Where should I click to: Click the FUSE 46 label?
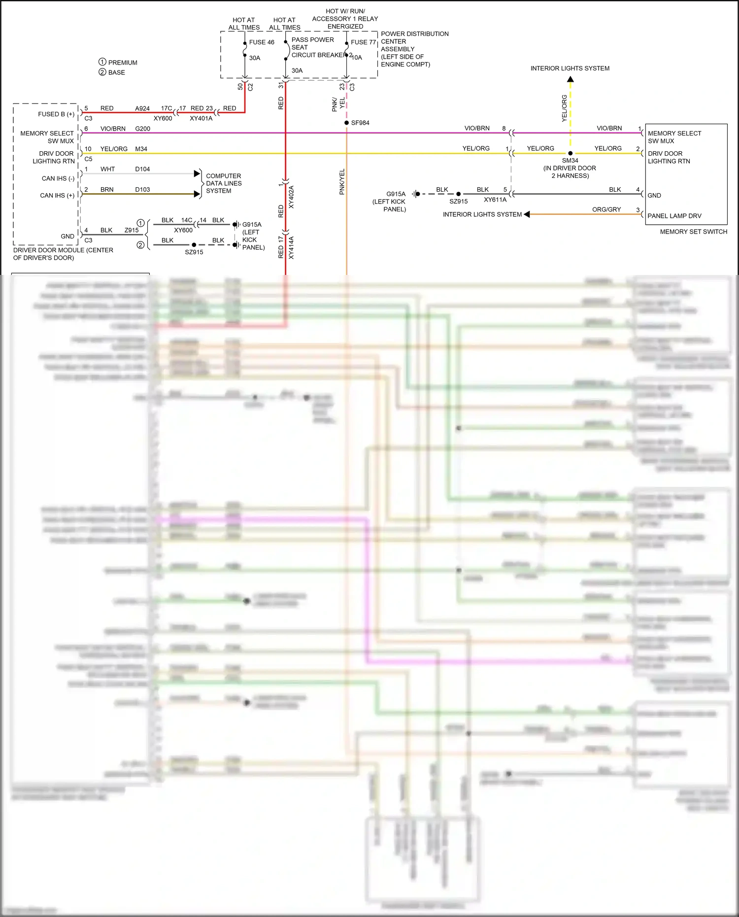pos(261,42)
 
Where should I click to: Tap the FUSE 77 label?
pos(363,42)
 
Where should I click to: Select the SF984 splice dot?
pos(347,123)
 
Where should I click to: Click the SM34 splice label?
pos(570,161)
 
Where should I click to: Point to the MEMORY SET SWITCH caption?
pos(693,232)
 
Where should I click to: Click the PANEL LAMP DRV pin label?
pos(674,216)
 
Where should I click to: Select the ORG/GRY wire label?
pos(606,209)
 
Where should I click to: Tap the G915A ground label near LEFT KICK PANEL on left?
pos(396,194)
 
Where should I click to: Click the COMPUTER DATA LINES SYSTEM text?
pos(224,183)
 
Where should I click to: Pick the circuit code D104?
pos(142,169)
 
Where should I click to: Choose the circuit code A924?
pos(142,108)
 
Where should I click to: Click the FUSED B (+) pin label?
pos(56,114)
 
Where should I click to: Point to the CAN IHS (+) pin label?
pos(57,196)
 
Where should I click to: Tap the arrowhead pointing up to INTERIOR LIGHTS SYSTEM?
pos(570,79)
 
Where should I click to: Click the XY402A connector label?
pos(291,197)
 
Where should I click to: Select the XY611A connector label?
pos(495,200)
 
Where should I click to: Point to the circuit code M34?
pos(141,149)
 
